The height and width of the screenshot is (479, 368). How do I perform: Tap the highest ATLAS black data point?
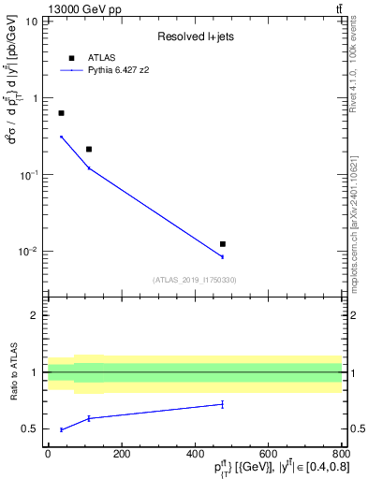pyautogui.click(x=61, y=113)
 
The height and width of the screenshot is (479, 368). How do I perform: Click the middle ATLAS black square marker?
pyautogui.click(x=89, y=149)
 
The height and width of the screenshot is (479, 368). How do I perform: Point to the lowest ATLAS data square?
pyautogui.click(x=222, y=243)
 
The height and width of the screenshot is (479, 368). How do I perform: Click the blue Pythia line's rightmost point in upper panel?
pyautogui.click(x=222, y=256)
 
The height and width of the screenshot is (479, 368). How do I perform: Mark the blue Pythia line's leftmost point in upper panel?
pyautogui.click(x=61, y=137)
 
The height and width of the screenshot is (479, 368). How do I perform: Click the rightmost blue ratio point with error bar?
pyautogui.click(x=222, y=404)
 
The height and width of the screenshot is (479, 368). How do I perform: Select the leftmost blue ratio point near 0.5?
pyautogui.click(x=61, y=429)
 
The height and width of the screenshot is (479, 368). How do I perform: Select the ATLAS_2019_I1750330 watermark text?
pyautogui.click(x=195, y=280)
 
